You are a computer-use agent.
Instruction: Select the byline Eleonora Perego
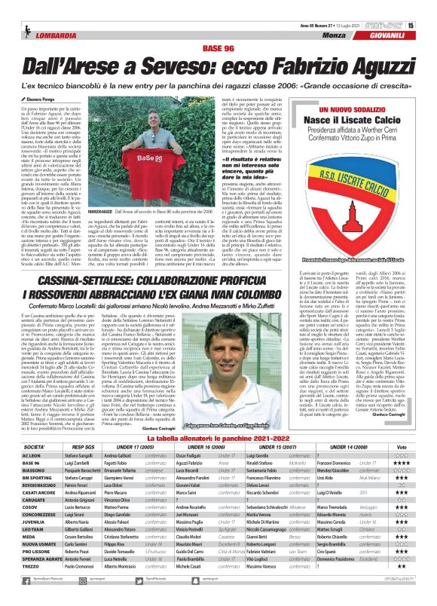click(41, 78)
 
